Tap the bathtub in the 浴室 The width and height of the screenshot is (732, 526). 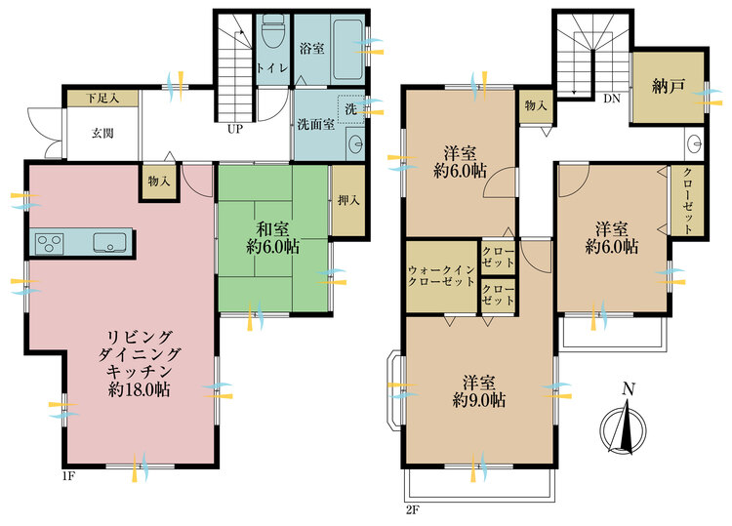point(347,49)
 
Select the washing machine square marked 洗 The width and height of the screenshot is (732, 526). point(350,109)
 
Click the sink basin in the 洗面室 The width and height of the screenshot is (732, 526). point(356,142)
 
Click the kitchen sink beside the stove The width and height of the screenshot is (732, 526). point(109,243)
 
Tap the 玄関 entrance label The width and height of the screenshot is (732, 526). point(102,134)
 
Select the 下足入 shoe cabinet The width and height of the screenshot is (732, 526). point(102,99)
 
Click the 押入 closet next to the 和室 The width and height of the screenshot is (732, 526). point(348,201)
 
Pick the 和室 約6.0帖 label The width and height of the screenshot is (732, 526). point(273,238)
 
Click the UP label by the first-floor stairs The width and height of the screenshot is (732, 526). point(235,129)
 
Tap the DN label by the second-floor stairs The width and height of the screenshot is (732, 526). point(612,99)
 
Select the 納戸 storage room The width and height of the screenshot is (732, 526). point(668,87)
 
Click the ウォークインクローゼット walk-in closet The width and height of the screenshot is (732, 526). point(441,276)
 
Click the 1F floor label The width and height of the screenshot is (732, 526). point(68,476)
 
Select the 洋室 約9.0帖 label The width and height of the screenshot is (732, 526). point(479,391)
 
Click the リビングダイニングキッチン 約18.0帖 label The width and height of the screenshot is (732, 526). point(140,364)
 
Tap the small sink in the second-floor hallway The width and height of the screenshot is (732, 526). point(694,143)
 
